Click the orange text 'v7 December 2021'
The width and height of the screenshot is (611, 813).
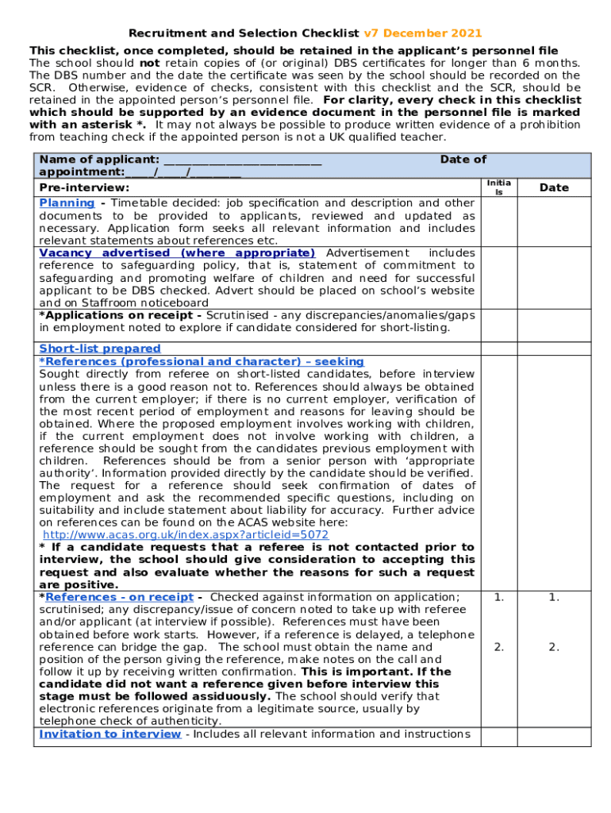click(x=422, y=33)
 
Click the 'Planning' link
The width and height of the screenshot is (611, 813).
click(x=67, y=203)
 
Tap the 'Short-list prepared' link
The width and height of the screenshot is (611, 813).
click(x=100, y=349)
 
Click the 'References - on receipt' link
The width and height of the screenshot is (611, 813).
click(x=119, y=597)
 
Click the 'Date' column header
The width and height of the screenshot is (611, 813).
click(x=554, y=187)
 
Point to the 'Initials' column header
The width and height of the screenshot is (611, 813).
click(x=499, y=187)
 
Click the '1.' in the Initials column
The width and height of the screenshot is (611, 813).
click(x=499, y=597)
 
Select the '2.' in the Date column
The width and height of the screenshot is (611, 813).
click(x=554, y=647)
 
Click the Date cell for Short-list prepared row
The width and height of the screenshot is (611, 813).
click(x=554, y=349)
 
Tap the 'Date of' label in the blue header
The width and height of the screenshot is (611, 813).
click(x=463, y=160)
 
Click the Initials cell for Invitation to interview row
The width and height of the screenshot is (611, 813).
click(x=499, y=734)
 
